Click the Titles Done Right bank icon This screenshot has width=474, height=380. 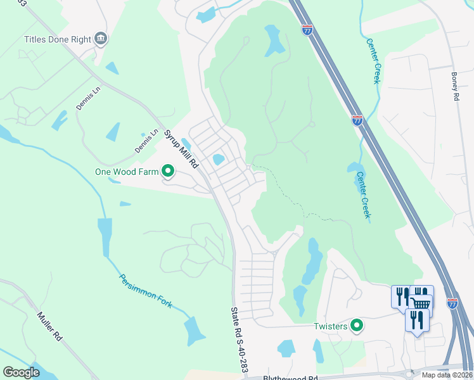tap(101, 39)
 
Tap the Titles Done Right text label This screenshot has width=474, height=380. tap(58, 39)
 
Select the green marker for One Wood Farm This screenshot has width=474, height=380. tap(168, 171)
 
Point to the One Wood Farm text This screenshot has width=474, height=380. tap(126, 171)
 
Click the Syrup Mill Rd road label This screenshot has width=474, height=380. tap(181, 149)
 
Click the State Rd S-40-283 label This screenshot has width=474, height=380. tap(240, 340)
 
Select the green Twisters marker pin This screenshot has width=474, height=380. tap(357, 326)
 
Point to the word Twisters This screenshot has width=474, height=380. tap(330, 326)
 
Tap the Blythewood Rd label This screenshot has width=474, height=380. tap(290, 378)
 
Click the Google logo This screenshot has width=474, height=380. tap(21, 372)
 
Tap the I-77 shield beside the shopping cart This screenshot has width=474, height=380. tap(452, 304)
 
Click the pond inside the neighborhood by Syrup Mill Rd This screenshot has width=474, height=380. tap(219, 160)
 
